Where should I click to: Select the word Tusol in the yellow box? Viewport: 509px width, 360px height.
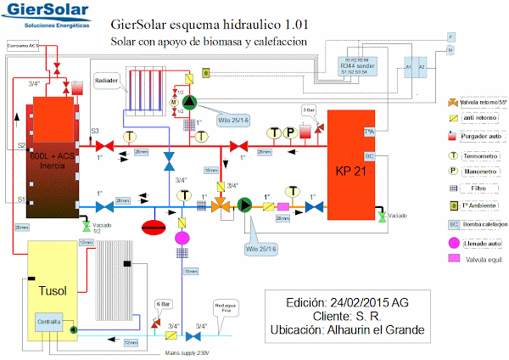(53, 289)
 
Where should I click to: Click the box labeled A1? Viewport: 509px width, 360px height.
(408, 65)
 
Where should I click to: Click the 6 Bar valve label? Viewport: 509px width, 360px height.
(163, 303)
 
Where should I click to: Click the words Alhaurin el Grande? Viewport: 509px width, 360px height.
(377, 329)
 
